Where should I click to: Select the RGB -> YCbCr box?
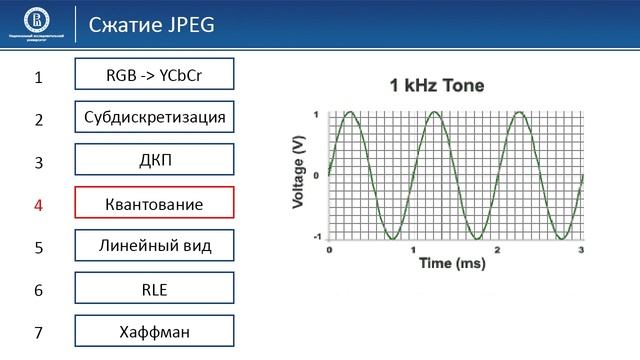pyautogui.click(x=154, y=74)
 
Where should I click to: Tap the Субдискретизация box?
pyautogui.click(x=154, y=117)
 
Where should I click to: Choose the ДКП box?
pyautogui.click(x=154, y=160)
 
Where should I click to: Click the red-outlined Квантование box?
pyautogui.click(x=154, y=203)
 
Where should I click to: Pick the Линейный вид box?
pyautogui.click(x=154, y=245)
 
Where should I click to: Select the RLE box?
pyautogui.click(x=154, y=289)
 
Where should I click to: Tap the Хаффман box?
pyautogui.click(x=154, y=331)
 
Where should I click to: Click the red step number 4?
pyautogui.click(x=39, y=205)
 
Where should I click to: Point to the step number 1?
pyautogui.click(x=39, y=77)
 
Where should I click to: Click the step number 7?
pyautogui.click(x=39, y=333)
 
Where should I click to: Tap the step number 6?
pyautogui.click(x=39, y=291)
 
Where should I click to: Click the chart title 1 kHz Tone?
pyautogui.click(x=437, y=86)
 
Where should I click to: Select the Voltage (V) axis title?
pyautogui.click(x=298, y=174)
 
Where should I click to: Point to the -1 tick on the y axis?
pyautogui.click(x=317, y=237)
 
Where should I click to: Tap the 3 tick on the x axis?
pyautogui.click(x=582, y=248)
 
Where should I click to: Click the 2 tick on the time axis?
pyautogui.click(x=498, y=248)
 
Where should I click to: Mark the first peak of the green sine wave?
pyautogui.click(x=350, y=113)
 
